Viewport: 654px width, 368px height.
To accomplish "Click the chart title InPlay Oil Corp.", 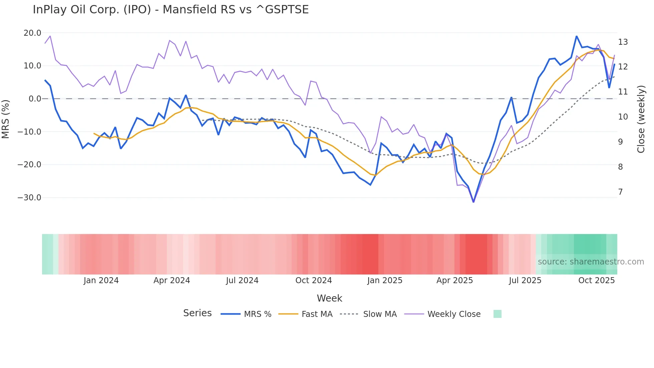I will pos(171,10).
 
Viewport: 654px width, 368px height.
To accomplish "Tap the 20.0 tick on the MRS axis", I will pos(32,33).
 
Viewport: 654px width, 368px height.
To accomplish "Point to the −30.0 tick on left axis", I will pos(29,198).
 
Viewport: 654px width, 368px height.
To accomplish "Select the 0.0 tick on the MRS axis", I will pos(35,99).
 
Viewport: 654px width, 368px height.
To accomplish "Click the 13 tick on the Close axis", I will pos(623,42).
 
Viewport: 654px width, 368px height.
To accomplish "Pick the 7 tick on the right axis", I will pos(620,192).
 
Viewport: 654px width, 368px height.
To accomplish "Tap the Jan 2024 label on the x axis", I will pos(101,281).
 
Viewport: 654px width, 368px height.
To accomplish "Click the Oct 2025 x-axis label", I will pos(596,281).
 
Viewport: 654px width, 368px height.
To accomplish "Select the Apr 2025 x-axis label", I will pos(454,281).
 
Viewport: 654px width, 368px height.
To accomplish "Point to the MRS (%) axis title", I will pos(6,119).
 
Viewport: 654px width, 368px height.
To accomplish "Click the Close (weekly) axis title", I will pos(641,119).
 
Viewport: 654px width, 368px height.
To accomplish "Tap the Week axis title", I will pos(329,298).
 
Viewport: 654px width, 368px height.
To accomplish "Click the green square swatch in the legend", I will pos(497,314).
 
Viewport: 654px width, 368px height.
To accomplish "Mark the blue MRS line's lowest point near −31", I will pos(473,202).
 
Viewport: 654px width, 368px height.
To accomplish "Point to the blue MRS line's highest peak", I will pos(576,36).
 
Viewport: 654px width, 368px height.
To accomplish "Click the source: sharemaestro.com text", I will pos(591,262).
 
